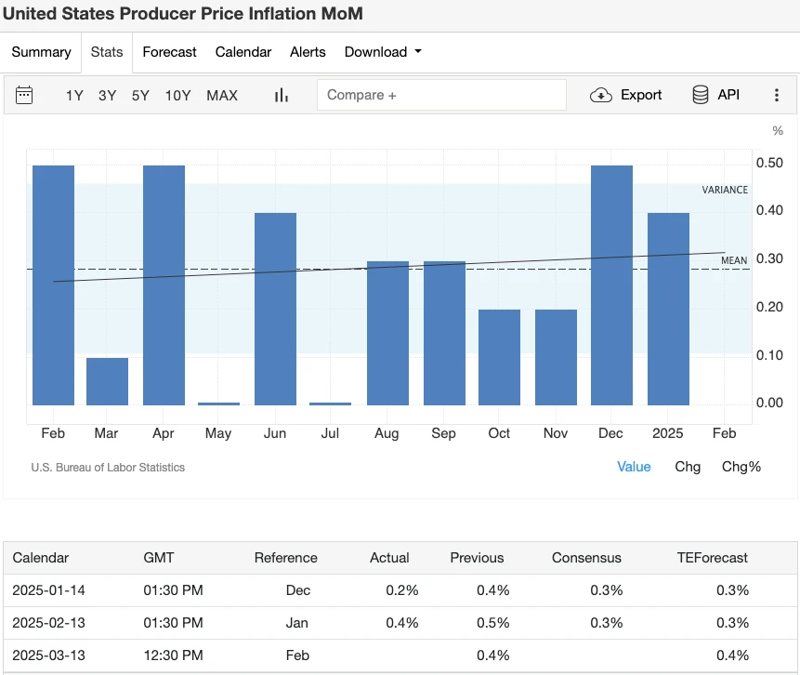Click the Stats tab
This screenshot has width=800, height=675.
coord(107,52)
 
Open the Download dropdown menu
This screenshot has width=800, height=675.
coord(382,52)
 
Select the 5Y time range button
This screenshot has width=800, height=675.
coord(140,95)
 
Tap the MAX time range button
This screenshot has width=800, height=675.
coord(222,95)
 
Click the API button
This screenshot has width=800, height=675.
coord(715,95)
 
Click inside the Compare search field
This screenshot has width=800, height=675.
coord(441,95)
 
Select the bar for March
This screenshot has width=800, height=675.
coord(107,381)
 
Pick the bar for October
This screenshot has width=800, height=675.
coord(499,357)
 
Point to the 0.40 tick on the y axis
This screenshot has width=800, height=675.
coord(769,211)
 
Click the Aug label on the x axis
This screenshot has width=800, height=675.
coord(387,433)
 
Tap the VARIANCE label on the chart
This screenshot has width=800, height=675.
coord(725,190)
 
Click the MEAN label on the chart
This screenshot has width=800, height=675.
coord(734,260)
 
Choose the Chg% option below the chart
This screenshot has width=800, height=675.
coord(741,467)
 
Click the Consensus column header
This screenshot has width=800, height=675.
coord(586,558)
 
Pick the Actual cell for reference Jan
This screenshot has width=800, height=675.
coord(401,623)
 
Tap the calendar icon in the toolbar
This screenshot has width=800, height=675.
coord(24,95)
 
